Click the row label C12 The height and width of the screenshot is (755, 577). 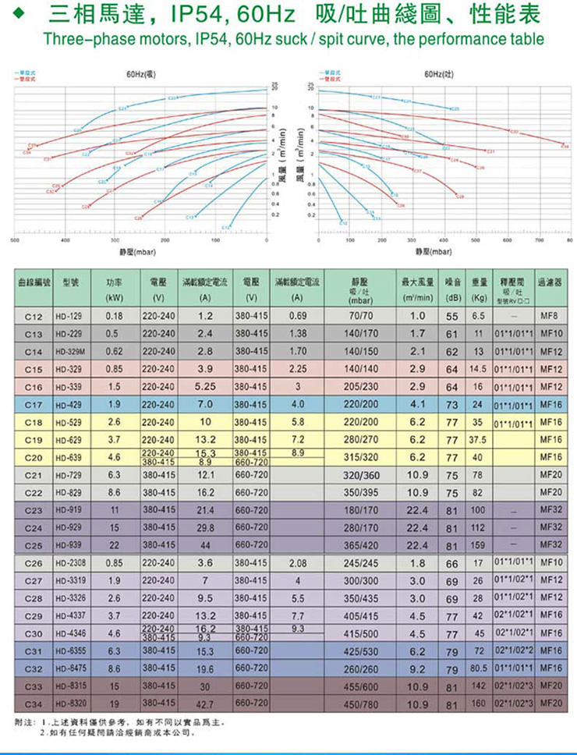click(33, 317)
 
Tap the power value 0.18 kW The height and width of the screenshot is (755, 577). click(115, 317)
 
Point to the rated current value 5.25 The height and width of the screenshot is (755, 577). click(206, 386)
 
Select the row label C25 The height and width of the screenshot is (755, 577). click(33, 544)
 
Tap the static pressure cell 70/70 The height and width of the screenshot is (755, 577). click(365, 317)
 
